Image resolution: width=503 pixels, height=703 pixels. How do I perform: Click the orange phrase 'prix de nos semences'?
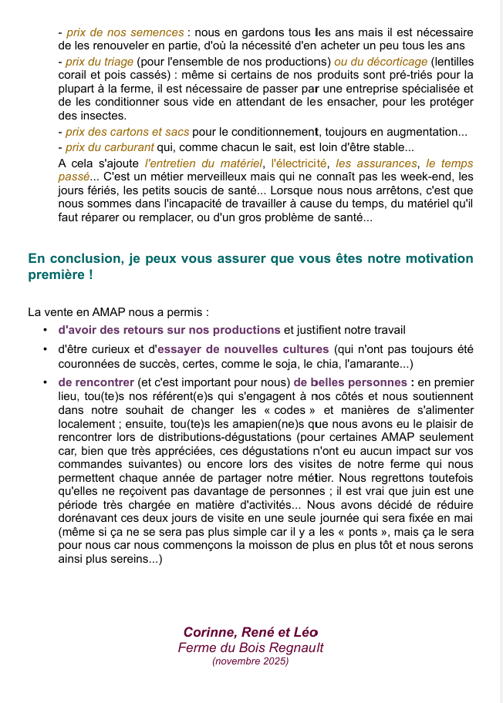click(x=125, y=32)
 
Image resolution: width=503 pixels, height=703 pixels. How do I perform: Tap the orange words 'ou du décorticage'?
click(x=380, y=62)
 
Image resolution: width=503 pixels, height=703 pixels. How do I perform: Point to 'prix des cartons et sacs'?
click(x=127, y=132)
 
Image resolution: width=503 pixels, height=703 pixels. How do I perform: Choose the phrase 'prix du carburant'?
click(x=110, y=147)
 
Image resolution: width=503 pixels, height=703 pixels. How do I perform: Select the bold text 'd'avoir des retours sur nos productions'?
click(x=169, y=330)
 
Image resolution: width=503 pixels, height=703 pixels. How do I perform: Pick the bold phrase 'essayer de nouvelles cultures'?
click(x=243, y=349)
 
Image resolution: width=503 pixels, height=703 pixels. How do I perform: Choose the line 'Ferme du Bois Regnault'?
click(x=251, y=647)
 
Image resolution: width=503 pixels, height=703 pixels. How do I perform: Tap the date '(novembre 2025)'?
click(x=251, y=661)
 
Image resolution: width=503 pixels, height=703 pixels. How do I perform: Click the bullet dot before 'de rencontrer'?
click(x=46, y=382)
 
